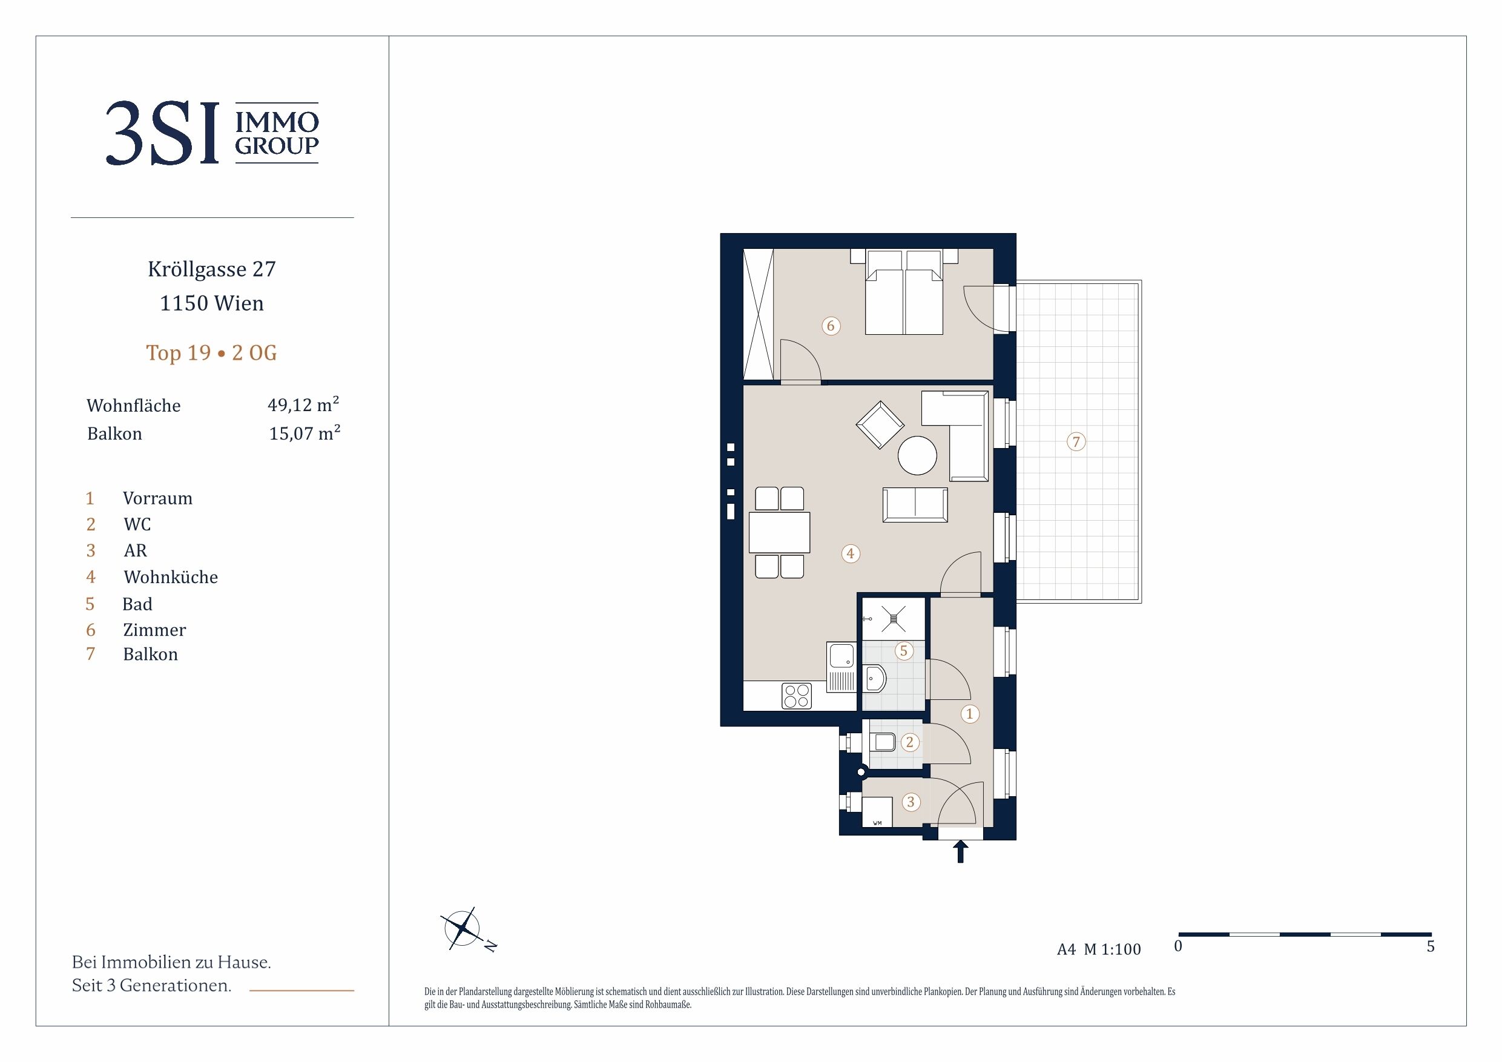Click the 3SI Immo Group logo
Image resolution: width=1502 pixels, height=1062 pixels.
pyautogui.click(x=212, y=133)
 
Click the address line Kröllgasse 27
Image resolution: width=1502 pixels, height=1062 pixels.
pyautogui.click(x=212, y=269)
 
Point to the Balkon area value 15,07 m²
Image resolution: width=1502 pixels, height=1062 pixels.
pyautogui.click(x=305, y=432)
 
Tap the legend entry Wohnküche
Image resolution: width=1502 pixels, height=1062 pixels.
pyautogui.click(x=171, y=576)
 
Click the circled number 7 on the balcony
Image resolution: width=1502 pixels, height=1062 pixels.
pyautogui.click(x=1076, y=441)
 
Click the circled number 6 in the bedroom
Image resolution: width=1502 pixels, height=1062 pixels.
pyautogui.click(x=831, y=325)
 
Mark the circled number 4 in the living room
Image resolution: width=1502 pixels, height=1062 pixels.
pyautogui.click(x=851, y=553)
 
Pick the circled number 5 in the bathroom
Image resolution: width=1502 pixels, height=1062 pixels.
pyautogui.click(x=904, y=650)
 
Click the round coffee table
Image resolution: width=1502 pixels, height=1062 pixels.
pyautogui.click(x=917, y=455)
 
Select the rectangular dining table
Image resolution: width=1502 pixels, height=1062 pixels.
pyautogui.click(x=779, y=532)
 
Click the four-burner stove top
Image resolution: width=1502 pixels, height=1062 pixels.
pyautogui.click(x=797, y=696)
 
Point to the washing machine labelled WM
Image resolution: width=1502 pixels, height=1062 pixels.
pyautogui.click(x=877, y=812)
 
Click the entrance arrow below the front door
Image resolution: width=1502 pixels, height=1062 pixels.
pyautogui.click(x=960, y=852)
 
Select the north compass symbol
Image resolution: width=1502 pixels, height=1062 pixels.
pyautogui.click(x=466, y=929)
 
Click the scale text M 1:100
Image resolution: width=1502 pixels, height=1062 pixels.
pyautogui.click(x=1112, y=949)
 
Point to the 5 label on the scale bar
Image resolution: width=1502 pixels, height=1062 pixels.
pyautogui.click(x=1431, y=946)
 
